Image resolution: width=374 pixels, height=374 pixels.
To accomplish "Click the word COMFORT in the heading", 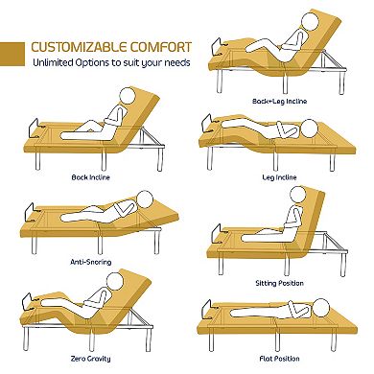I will point(160,44).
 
